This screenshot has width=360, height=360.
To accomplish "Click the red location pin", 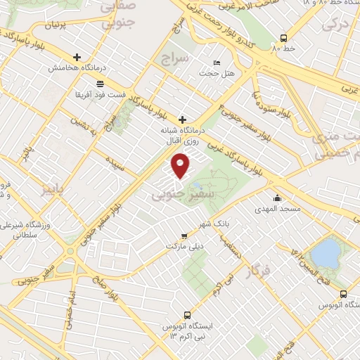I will (x=181, y=165).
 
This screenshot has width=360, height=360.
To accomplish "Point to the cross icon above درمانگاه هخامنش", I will (x=77, y=57).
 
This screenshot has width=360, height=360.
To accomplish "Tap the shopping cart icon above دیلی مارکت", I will (x=184, y=236).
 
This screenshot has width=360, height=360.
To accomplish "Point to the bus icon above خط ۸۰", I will (x=283, y=39).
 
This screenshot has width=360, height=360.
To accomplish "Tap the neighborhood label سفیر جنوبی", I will (x=174, y=196).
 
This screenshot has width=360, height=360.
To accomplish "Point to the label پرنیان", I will (x=58, y=25).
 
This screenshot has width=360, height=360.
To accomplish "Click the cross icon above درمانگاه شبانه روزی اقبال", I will (x=184, y=119).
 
